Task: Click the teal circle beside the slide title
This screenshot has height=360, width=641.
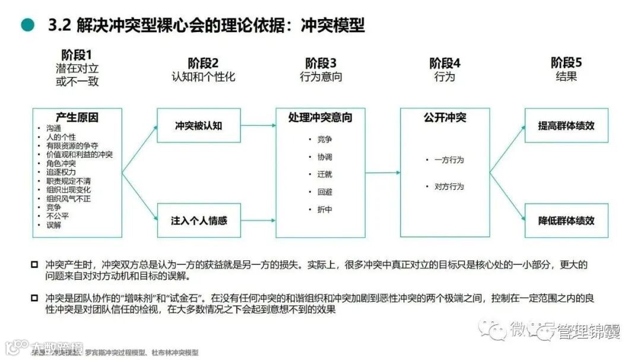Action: coord(27,25)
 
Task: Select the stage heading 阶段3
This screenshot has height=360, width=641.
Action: coord(321,63)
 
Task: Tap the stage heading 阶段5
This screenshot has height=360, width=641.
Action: coord(566,62)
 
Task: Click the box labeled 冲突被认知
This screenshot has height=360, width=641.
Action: coord(199,126)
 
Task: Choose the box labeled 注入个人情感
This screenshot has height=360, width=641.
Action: coord(199,221)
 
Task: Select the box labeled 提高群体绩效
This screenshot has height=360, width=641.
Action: coord(566,126)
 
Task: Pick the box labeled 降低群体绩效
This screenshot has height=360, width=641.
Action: coord(566,221)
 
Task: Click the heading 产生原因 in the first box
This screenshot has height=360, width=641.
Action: coord(77,117)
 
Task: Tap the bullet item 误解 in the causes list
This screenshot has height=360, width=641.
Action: coord(53,225)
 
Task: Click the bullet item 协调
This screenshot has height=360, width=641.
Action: coord(325,157)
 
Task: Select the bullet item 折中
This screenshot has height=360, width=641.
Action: coord(325,210)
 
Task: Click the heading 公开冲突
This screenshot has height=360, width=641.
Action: coord(445,117)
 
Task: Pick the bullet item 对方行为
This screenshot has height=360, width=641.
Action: coord(449,187)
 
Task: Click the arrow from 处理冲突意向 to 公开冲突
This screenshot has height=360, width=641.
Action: coord(382,173)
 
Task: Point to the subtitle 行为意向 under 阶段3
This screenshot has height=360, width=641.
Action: coord(321,77)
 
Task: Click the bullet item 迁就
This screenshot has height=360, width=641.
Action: coord(325,174)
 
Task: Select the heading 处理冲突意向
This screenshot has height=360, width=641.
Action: coord(320,117)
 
